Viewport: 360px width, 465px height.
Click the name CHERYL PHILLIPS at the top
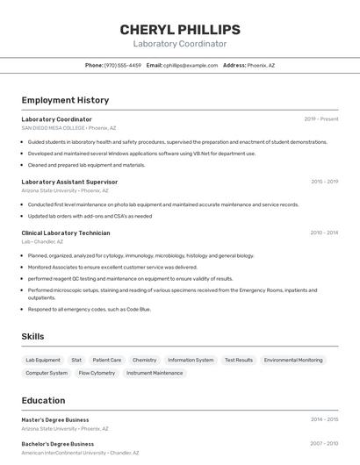click(x=180, y=30)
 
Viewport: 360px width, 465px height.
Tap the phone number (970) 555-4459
click(x=122, y=65)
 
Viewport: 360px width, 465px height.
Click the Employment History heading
click(x=65, y=100)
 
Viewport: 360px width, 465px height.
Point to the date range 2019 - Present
click(x=320, y=119)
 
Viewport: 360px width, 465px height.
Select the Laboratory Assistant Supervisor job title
click(x=69, y=182)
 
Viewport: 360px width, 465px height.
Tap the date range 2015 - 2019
click(x=324, y=182)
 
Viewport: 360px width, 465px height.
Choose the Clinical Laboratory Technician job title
click(x=66, y=232)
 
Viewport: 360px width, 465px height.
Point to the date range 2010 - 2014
click(x=324, y=232)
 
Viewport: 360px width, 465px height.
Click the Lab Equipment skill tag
click(x=43, y=360)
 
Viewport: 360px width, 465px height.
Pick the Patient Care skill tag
click(x=107, y=360)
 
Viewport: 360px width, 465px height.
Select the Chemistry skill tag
click(x=145, y=360)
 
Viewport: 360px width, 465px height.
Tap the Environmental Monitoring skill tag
click(x=293, y=360)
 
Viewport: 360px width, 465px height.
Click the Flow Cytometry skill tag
click(x=97, y=373)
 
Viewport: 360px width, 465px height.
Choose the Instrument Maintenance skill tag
click(x=155, y=373)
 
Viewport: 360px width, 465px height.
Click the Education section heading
click(x=43, y=400)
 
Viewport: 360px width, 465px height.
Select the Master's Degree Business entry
click(x=55, y=419)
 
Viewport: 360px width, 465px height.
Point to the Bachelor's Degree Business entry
click(x=58, y=444)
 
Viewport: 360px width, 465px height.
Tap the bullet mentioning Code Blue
click(x=90, y=309)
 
